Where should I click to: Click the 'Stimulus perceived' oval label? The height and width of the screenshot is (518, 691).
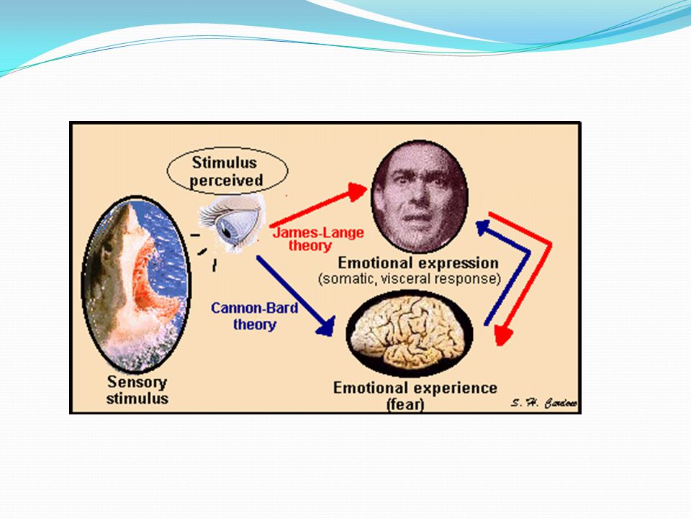(227, 171)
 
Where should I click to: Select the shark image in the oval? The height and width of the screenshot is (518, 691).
(136, 285)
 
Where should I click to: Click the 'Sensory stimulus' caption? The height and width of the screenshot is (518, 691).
(137, 390)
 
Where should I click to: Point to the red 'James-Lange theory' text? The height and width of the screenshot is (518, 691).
(317, 239)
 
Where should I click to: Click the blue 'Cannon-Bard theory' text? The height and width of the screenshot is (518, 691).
(255, 316)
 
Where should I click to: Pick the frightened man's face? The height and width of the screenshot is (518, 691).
(420, 196)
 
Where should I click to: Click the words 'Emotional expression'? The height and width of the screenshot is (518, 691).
(418, 263)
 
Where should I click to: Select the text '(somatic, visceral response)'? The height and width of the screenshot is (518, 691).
(410, 279)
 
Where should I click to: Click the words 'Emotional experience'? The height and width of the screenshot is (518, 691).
(415, 388)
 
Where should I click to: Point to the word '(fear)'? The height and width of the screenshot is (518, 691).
(405, 404)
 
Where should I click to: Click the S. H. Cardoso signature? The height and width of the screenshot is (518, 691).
(544, 403)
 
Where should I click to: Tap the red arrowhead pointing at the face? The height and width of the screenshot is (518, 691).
(357, 191)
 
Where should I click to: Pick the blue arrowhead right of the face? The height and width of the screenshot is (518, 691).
(484, 227)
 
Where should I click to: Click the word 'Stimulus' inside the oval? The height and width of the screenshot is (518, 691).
(225, 163)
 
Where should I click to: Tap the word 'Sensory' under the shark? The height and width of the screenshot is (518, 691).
(137, 382)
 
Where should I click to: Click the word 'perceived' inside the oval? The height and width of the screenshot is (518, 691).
(226, 181)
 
